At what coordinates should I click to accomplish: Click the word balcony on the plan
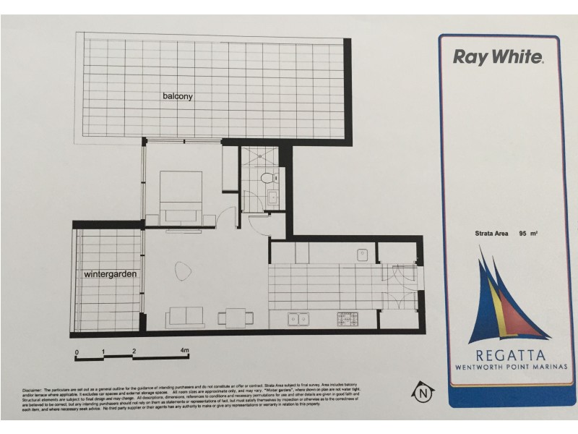coord(178,96)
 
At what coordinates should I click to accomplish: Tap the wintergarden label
coord(110,274)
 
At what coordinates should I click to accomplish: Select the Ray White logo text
coord(498,57)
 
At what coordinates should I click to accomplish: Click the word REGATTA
coord(510,355)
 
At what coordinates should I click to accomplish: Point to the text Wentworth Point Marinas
coord(511,367)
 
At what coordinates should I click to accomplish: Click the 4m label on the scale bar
coord(185,351)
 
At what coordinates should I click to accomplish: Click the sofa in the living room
coord(185,316)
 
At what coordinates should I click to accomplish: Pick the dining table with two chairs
coord(236,316)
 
